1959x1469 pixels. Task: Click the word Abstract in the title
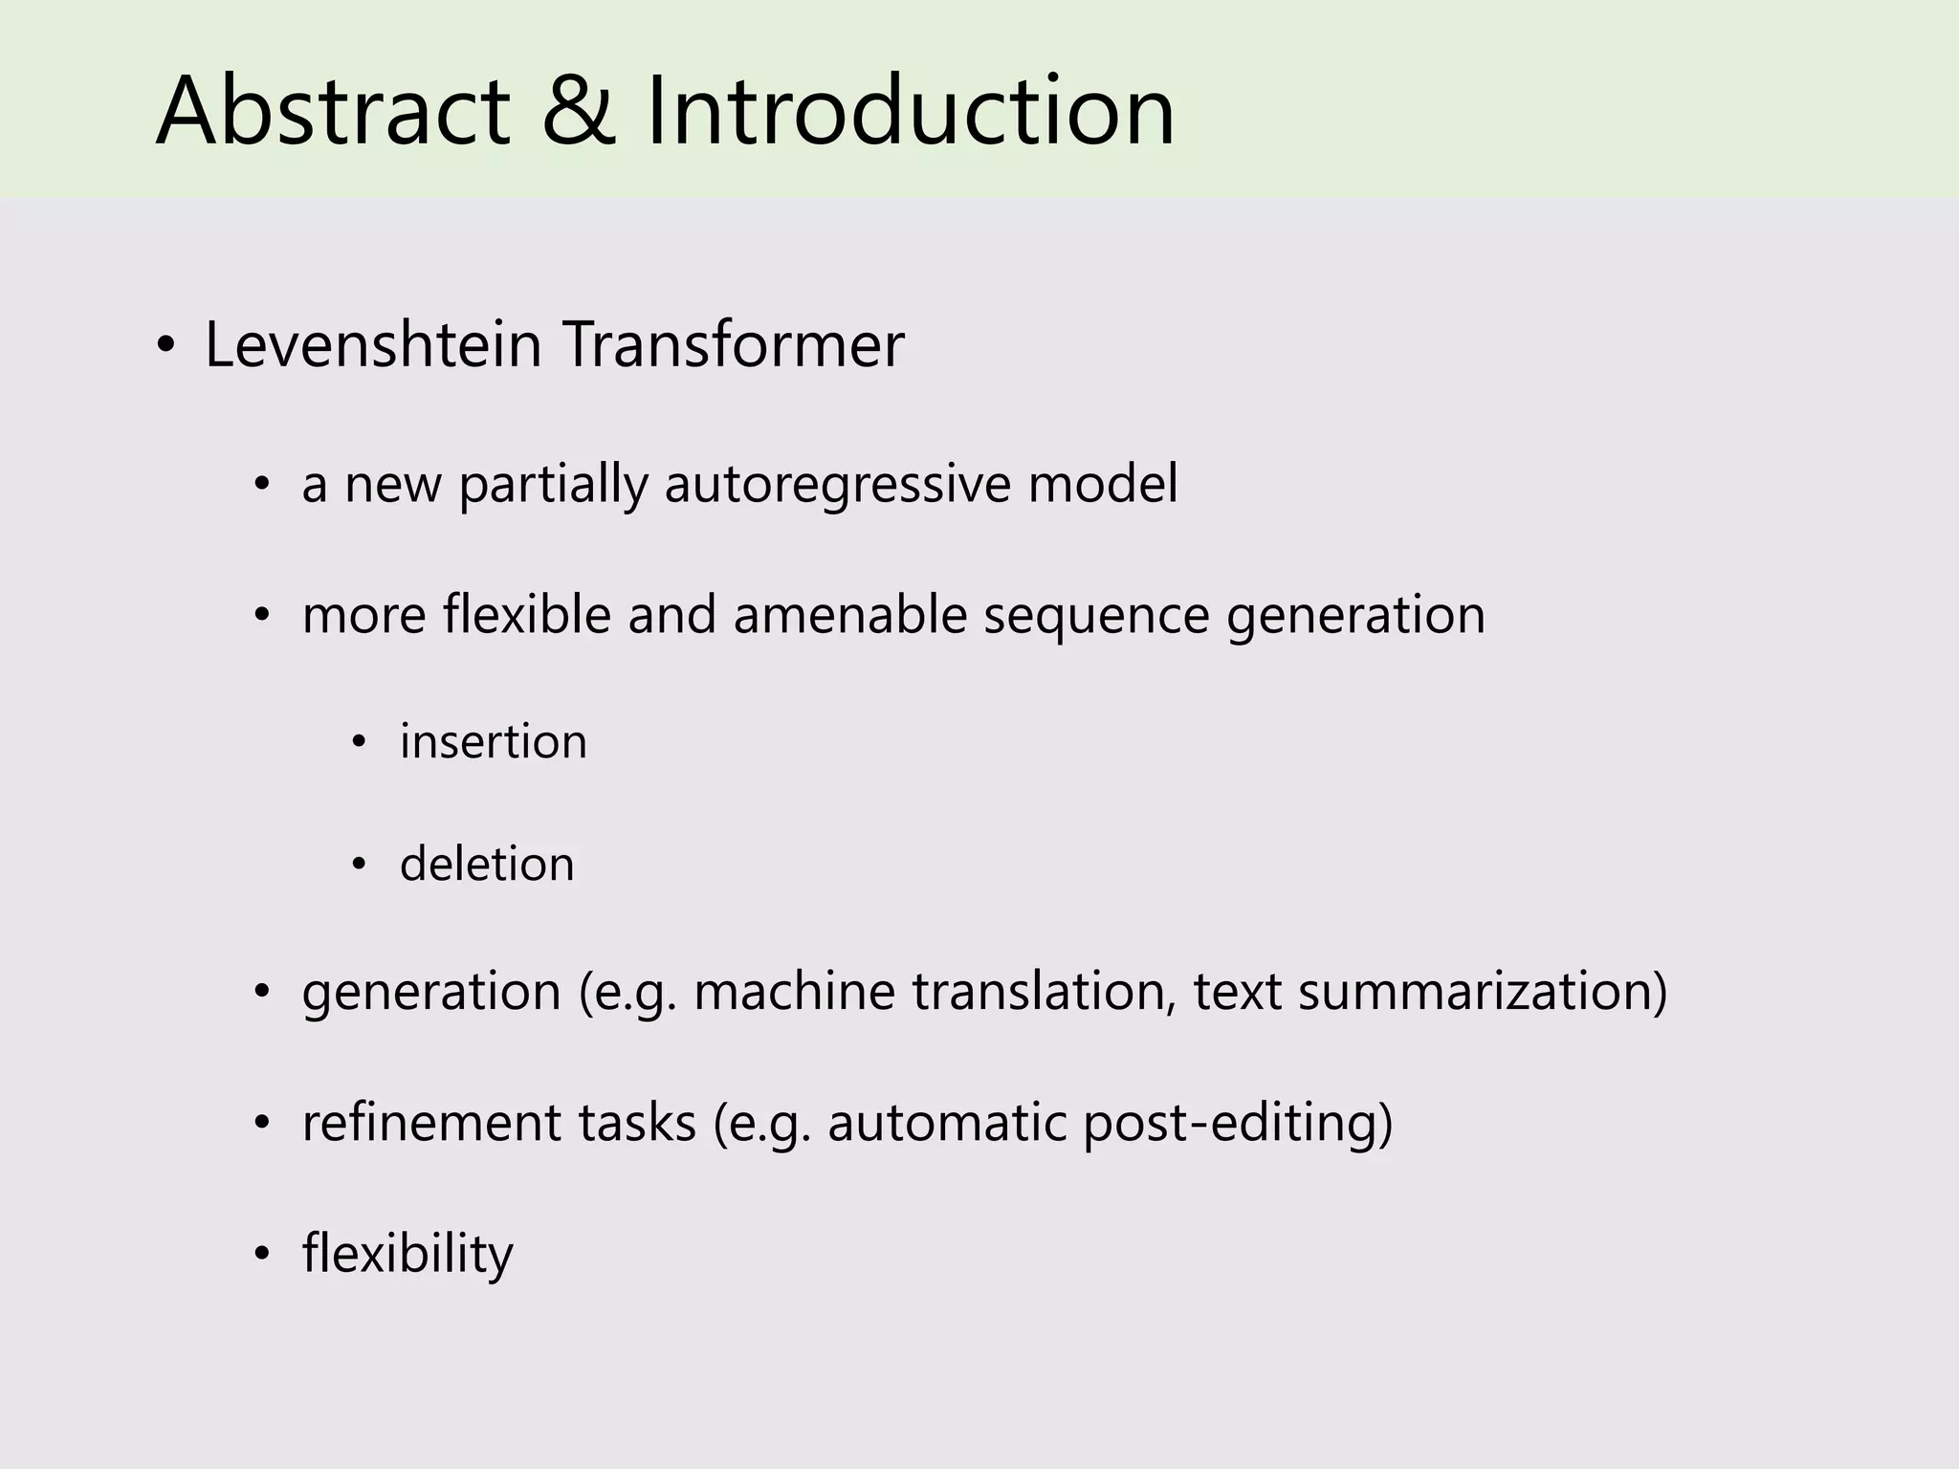(x=332, y=112)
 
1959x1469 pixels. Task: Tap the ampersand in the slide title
(x=578, y=112)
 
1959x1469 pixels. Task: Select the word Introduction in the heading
(x=910, y=112)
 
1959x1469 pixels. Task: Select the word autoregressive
(x=837, y=484)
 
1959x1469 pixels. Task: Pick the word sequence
(x=1096, y=616)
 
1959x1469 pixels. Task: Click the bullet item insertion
(x=493, y=742)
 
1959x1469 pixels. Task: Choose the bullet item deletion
(x=487, y=864)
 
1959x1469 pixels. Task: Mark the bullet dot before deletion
(x=359, y=866)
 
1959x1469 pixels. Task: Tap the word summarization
(x=1482, y=992)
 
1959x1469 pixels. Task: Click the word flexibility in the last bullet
(x=407, y=1254)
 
